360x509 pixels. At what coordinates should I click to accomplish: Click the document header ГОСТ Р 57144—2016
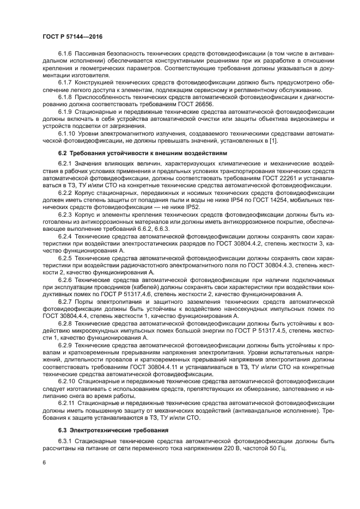pos(72,37)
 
